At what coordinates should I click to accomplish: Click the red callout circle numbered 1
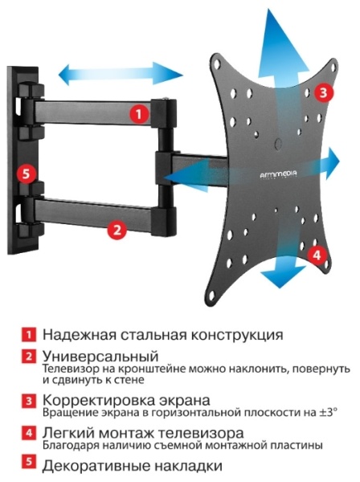pos(139,114)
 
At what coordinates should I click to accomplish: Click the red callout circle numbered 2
pos(117,229)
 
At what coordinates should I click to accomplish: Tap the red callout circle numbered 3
pos(322,92)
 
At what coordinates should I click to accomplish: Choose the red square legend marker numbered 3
pos(30,399)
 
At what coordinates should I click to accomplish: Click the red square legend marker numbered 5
pos(30,465)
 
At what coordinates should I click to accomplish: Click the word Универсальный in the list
pos(100,355)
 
